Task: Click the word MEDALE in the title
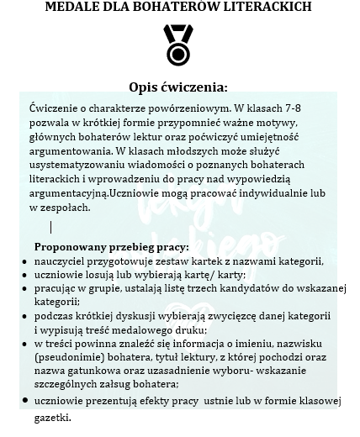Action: [x=76, y=7]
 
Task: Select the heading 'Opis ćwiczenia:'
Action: [x=178, y=87]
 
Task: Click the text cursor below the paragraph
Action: [x=51, y=227]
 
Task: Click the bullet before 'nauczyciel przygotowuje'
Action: [x=24, y=261]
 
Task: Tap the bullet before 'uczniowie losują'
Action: [x=24, y=275]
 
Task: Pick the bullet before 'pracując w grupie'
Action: [x=24, y=288]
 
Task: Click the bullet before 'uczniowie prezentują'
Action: [x=24, y=403]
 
